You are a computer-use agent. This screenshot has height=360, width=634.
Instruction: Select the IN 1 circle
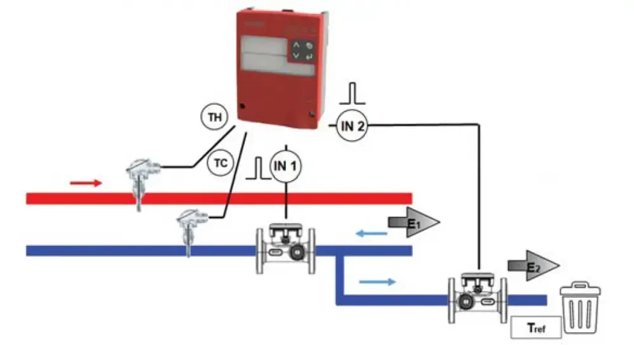click(286, 167)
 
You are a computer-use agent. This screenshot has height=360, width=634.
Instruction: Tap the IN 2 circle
click(353, 127)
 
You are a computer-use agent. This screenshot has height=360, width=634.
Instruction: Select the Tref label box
click(536, 329)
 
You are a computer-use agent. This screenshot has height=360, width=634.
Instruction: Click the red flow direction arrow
click(86, 183)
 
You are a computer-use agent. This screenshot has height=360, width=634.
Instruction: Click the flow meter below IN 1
click(285, 248)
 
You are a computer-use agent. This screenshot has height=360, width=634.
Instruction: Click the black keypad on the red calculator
click(301, 51)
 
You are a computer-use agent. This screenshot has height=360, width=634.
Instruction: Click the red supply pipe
click(254, 198)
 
